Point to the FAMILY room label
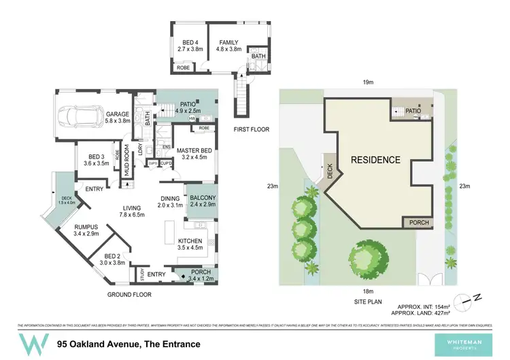229,42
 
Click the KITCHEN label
191,241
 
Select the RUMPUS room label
86,227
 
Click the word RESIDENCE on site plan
375,161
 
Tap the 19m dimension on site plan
367,82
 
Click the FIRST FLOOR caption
252,129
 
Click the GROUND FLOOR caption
129,295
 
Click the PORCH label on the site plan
418,223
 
